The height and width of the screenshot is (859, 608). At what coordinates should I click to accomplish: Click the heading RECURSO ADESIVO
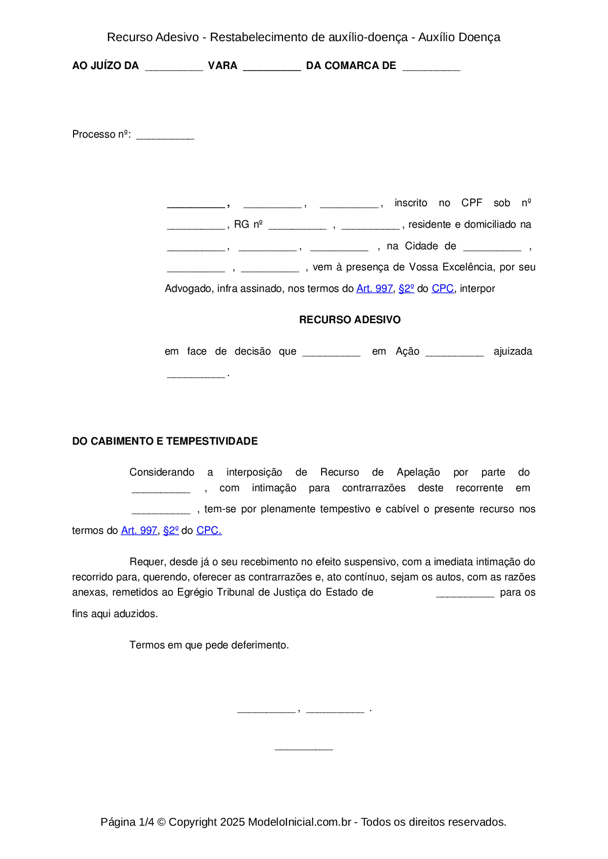pyautogui.click(x=350, y=320)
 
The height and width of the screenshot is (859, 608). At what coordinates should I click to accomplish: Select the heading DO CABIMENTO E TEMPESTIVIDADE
pyautogui.click(x=165, y=441)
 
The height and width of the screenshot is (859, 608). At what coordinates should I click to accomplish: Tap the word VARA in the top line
pyautogui.click(x=223, y=66)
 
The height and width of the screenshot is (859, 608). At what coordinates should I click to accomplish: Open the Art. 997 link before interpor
pyautogui.click(x=374, y=289)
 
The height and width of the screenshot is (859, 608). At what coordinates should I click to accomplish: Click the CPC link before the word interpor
pyautogui.click(x=442, y=289)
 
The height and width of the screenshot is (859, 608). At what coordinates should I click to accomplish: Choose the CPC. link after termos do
pyautogui.click(x=209, y=531)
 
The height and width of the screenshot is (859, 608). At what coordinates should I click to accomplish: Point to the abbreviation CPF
pyautogui.click(x=472, y=203)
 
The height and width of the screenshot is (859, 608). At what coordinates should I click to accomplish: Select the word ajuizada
pyautogui.click(x=512, y=352)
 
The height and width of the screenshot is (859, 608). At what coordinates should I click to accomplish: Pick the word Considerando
pyautogui.click(x=162, y=473)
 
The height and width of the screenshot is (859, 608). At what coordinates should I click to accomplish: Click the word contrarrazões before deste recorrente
pyautogui.click(x=374, y=488)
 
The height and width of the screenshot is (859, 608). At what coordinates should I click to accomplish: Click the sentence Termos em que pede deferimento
pyautogui.click(x=209, y=645)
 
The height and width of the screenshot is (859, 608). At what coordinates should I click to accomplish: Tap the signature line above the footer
pyautogui.click(x=304, y=748)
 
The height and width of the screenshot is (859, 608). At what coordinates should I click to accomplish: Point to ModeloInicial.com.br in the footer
pyautogui.click(x=300, y=822)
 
